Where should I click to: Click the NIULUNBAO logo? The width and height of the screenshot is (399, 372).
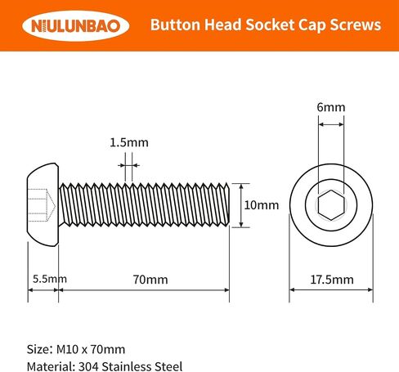[76, 26]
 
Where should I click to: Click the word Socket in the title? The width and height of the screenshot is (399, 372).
[270, 25]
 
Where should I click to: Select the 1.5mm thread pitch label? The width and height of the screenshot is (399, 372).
[129, 142]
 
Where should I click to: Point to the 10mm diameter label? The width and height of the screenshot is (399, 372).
[262, 205]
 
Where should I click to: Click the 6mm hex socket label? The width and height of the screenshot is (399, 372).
[331, 107]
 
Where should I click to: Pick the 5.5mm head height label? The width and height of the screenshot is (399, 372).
[50, 279]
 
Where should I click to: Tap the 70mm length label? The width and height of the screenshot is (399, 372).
[150, 280]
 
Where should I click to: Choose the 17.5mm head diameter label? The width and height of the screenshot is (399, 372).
[332, 280]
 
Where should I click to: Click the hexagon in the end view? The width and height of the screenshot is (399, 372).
[331, 205]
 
